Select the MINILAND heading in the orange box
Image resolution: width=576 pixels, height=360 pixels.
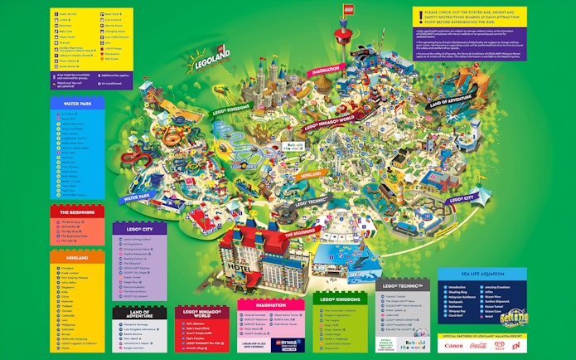pos(74,258)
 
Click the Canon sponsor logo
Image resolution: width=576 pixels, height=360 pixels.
pos(453,345)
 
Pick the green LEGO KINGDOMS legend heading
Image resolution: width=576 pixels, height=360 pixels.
pos(340,297)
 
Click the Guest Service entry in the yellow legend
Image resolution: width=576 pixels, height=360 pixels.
pos(70,15)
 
